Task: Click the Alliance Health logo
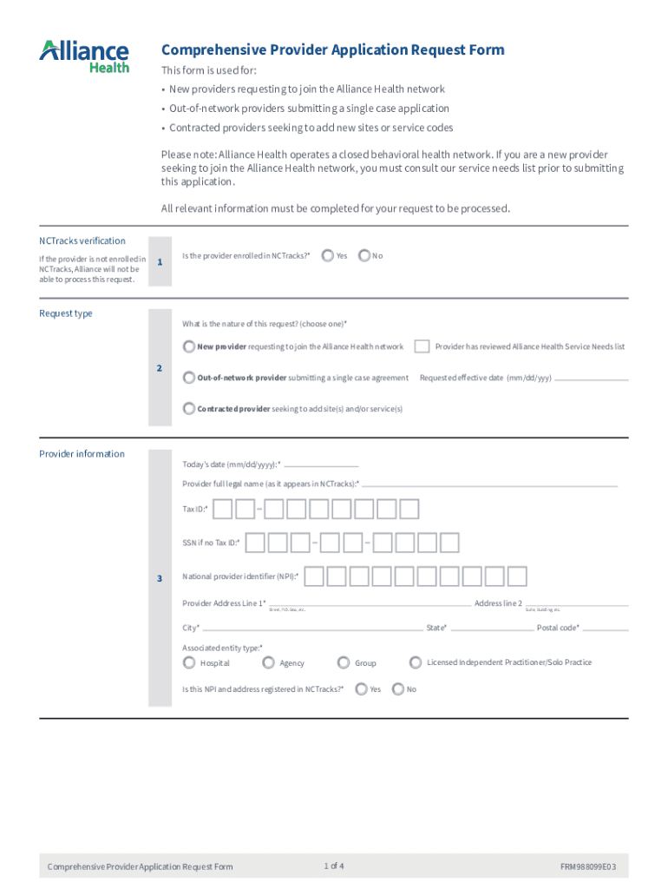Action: [x=84, y=56]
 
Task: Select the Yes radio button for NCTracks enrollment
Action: [x=327, y=255]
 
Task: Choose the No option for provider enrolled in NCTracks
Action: [x=364, y=255]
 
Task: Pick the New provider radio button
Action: [x=189, y=346]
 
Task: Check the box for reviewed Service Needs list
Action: [x=422, y=346]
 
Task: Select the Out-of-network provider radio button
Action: [x=189, y=378]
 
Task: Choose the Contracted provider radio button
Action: [x=189, y=408]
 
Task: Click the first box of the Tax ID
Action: [x=223, y=509]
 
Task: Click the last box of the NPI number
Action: [x=517, y=576]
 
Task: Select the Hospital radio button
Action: [x=189, y=662]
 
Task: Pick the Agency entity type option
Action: [x=268, y=662]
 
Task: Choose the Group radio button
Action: [x=344, y=662]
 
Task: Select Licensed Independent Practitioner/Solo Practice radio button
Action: [x=416, y=662]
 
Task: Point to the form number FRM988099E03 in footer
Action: [x=589, y=866]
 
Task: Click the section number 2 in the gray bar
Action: [x=159, y=368]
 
